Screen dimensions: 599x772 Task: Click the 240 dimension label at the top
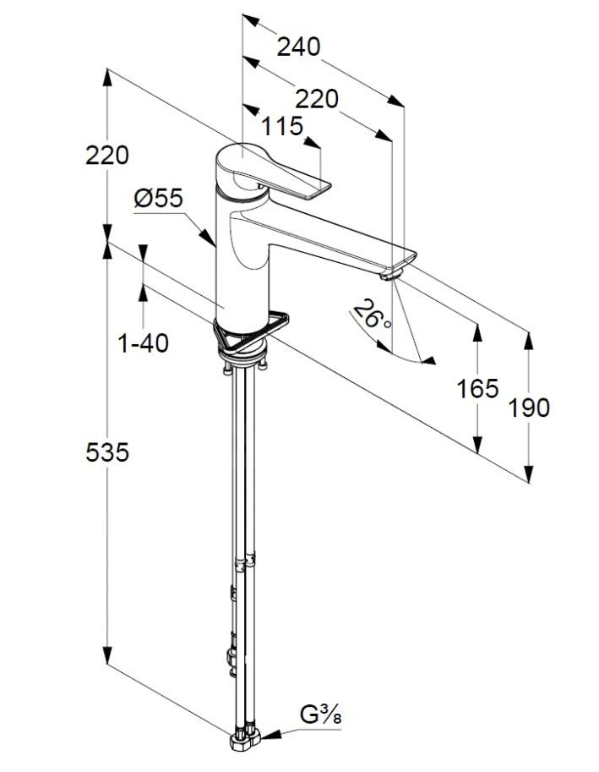[x=298, y=47]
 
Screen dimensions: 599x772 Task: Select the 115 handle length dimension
[x=282, y=127]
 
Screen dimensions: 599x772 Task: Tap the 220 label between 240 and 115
[x=317, y=99]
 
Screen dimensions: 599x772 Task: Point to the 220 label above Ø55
[x=107, y=156]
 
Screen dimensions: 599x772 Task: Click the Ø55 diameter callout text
[x=158, y=199]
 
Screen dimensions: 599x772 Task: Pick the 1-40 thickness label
[x=144, y=343]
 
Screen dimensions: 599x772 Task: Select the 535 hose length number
[x=107, y=452]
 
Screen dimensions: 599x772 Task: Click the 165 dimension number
[x=477, y=388]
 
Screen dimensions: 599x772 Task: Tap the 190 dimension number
[x=528, y=408]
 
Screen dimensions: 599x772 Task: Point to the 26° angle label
[x=373, y=315]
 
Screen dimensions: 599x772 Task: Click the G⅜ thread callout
[x=321, y=715]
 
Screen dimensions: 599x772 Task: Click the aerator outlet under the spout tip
[x=391, y=274]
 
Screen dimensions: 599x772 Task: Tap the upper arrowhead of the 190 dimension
[x=528, y=341]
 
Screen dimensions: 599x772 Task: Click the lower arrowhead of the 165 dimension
[x=477, y=444]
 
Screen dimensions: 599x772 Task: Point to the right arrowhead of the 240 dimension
[x=395, y=101]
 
